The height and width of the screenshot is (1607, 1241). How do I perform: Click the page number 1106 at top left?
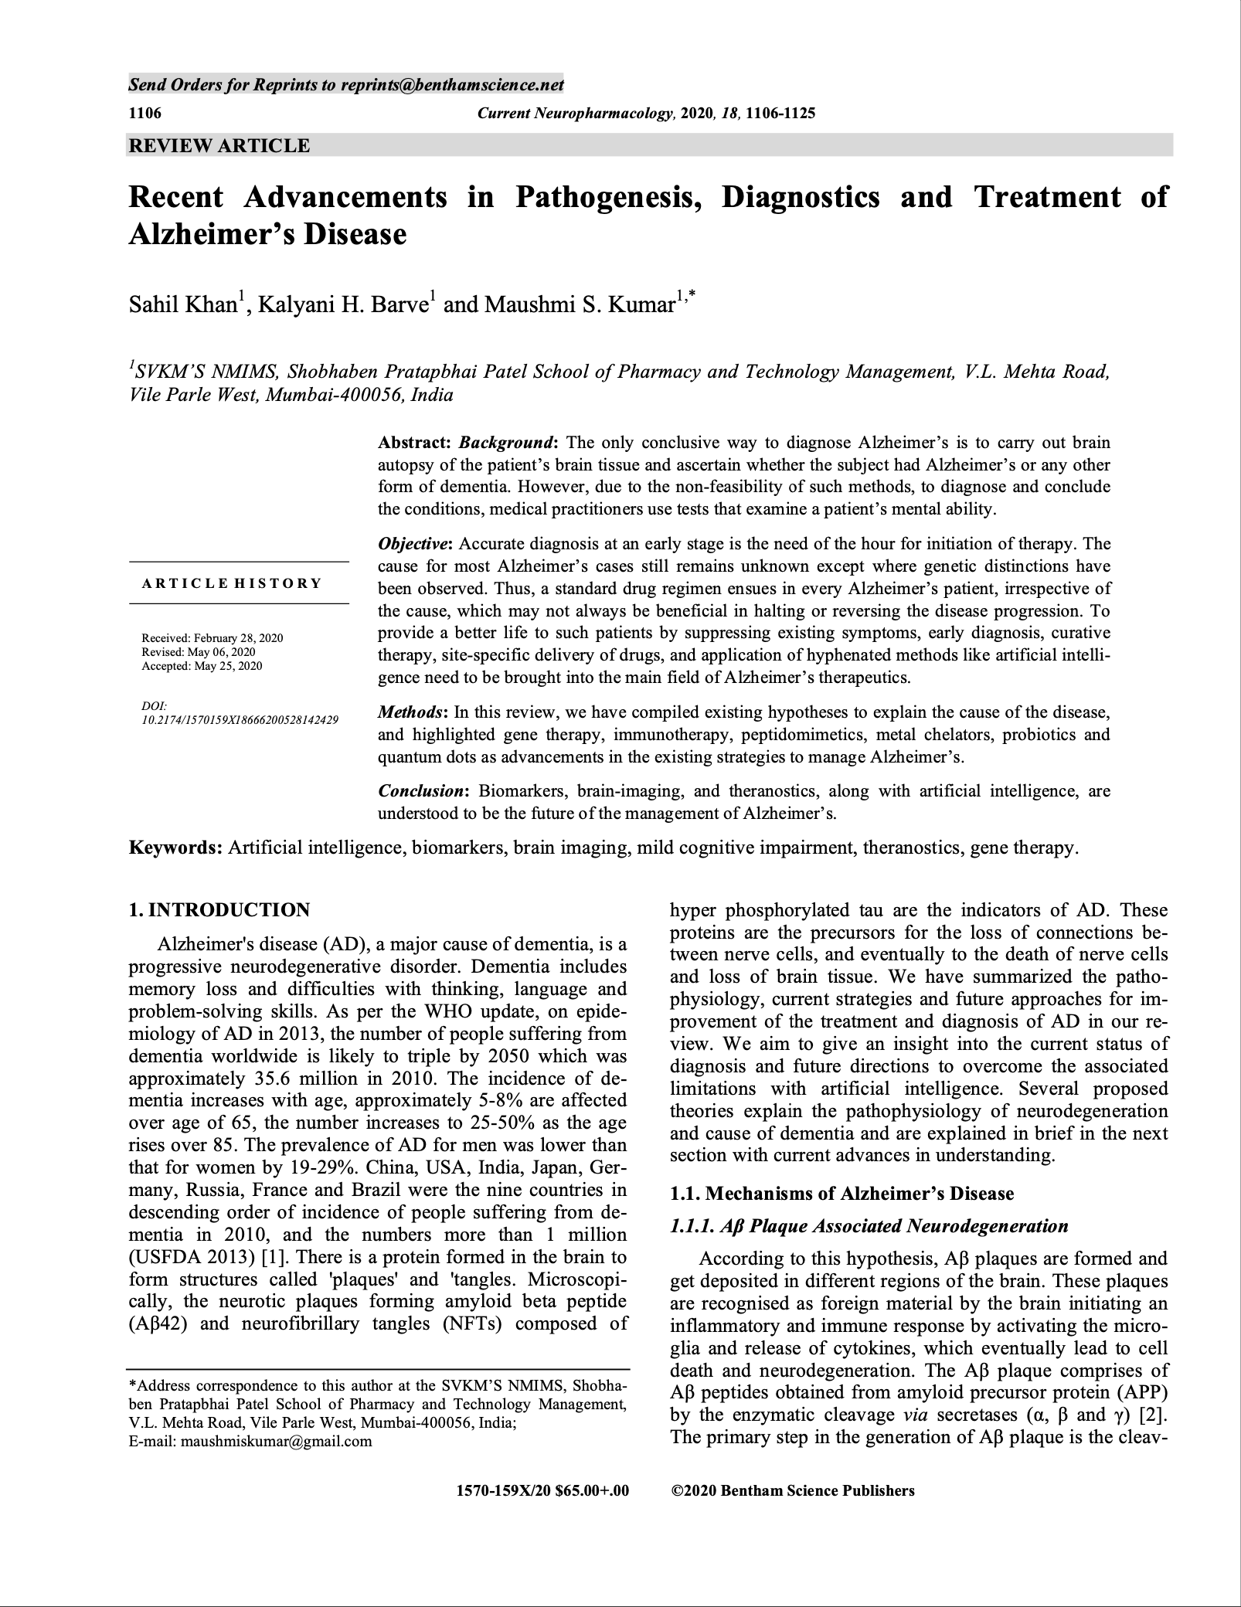point(144,114)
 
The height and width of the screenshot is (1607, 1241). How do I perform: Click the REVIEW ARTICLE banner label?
point(219,145)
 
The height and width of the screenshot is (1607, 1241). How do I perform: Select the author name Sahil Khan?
point(182,304)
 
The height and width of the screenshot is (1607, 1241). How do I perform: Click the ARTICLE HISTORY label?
point(232,583)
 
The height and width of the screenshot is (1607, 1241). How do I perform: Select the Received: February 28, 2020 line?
point(212,638)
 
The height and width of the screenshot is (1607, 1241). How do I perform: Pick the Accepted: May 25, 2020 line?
point(202,666)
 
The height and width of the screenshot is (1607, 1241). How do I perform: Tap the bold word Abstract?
point(413,443)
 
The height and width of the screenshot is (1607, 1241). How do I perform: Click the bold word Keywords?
point(175,848)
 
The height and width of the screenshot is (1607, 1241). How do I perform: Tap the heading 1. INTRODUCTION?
point(219,910)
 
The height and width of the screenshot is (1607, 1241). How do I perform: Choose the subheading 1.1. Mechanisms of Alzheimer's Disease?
point(841,1194)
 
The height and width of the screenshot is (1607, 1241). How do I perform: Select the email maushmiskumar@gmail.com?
point(276,1441)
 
